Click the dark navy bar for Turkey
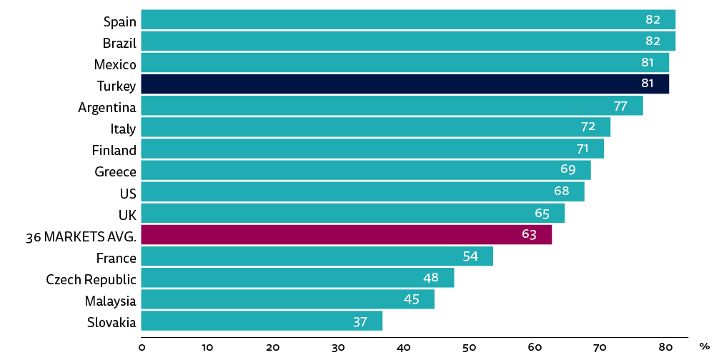pos(405,84)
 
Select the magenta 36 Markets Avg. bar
pos(346,234)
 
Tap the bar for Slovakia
pos(262,321)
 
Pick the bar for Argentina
pos(392,106)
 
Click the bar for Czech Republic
pos(297,278)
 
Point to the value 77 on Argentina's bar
pos(620,106)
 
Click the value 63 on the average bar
pos(529,234)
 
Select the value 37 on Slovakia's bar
pos(360,321)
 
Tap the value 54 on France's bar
pos(470,256)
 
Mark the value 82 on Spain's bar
pos(653,20)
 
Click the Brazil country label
pos(119,43)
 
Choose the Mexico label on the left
pos(115,64)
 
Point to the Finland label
pos(114,150)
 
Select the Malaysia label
pos(110,300)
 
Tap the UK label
pos(127,214)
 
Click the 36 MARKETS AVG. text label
pos(80,236)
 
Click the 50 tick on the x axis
pos(469,347)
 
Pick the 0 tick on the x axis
pos(142,347)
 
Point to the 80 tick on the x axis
pos(665,347)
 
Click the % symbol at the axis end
pos(704,346)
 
